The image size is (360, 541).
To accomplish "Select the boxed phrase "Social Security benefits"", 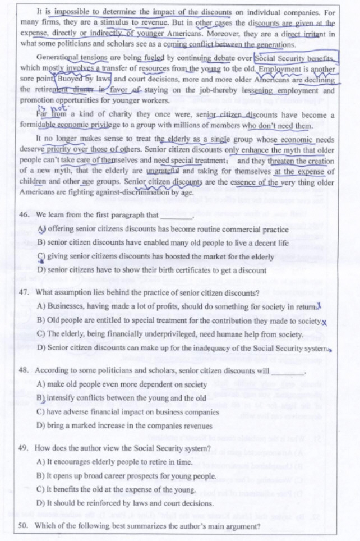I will pos(295,58).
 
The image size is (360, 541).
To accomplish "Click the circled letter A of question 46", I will pos(41,229).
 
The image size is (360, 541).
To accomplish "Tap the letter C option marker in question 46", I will pos(41,257).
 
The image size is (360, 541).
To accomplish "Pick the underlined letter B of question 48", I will pos(41,398).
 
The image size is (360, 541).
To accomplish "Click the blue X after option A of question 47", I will pos(319,305).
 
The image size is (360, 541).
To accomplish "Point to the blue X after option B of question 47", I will pos(324,322).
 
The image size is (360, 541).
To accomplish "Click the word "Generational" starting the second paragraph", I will pos(59,58).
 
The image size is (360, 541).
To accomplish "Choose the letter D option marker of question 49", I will pos(41,503).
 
